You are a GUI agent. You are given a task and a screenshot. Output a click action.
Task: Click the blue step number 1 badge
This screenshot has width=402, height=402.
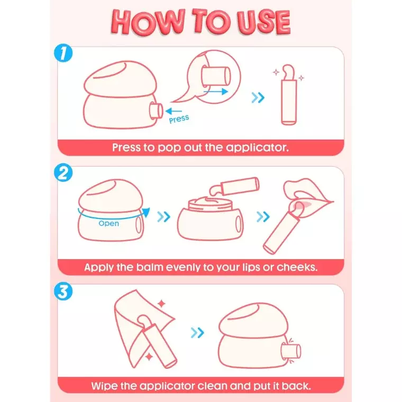63,53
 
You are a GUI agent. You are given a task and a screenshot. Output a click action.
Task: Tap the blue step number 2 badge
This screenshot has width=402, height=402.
63,172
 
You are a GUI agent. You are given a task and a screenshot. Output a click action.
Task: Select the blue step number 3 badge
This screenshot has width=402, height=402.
63,291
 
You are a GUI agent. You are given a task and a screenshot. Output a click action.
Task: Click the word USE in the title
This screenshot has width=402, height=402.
263,22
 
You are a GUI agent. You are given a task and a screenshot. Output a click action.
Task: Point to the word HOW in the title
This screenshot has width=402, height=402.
148,22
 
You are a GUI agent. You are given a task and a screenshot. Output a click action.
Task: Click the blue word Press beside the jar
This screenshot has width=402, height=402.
179,119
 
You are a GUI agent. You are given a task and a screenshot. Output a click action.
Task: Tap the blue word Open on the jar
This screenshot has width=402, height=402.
109,223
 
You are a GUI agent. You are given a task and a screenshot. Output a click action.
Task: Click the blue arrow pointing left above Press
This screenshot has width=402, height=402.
173,111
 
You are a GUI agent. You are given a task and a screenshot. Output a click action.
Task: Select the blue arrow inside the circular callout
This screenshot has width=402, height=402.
216,92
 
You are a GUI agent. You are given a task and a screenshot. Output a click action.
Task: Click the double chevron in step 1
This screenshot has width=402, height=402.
258,98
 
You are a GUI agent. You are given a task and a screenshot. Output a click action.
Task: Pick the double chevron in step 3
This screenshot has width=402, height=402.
197,333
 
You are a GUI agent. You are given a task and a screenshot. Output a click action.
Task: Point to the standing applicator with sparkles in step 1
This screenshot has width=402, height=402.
289,95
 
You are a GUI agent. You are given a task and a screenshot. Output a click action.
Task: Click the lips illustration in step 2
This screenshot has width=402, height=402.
308,197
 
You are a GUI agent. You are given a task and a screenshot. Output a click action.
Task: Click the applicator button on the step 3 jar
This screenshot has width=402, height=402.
291,351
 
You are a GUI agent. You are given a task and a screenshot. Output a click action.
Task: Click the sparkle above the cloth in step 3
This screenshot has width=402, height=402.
161,304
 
